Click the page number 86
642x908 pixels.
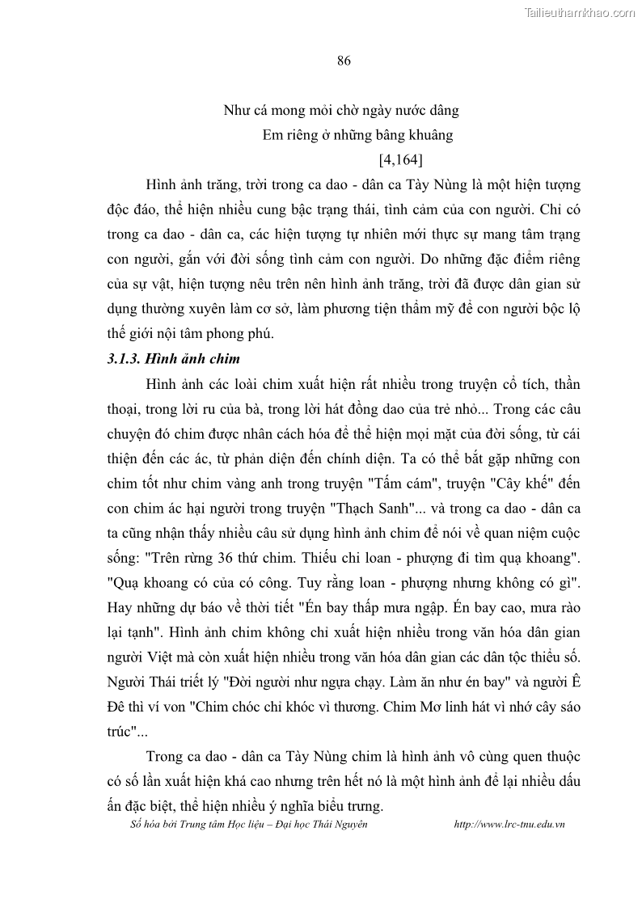coord(343,62)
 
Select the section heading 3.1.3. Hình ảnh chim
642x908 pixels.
coord(174,358)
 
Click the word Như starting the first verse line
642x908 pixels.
coord(234,110)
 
